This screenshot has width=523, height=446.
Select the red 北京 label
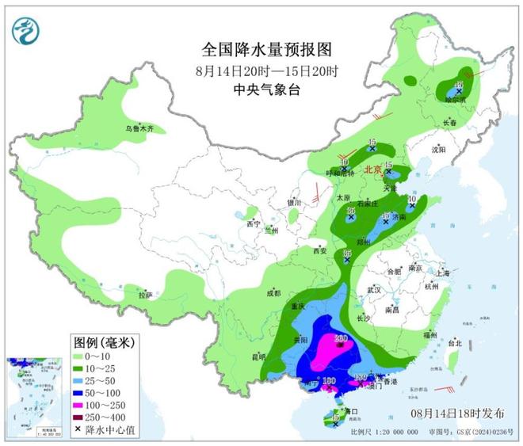tap(372, 170)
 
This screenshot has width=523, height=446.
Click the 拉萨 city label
tap(144, 295)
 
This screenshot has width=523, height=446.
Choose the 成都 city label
tap(274, 293)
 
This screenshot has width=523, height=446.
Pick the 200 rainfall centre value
tap(342, 340)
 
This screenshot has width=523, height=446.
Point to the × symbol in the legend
tap(79, 430)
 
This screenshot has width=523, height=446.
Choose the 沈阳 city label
tap(440, 149)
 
